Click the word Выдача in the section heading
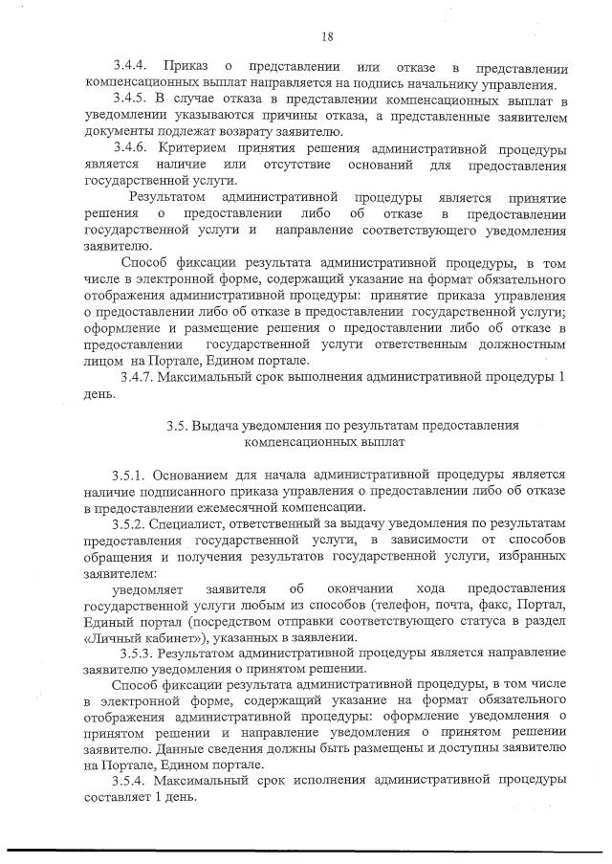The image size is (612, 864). click(214, 425)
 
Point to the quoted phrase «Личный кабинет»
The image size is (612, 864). click(132, 636)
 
